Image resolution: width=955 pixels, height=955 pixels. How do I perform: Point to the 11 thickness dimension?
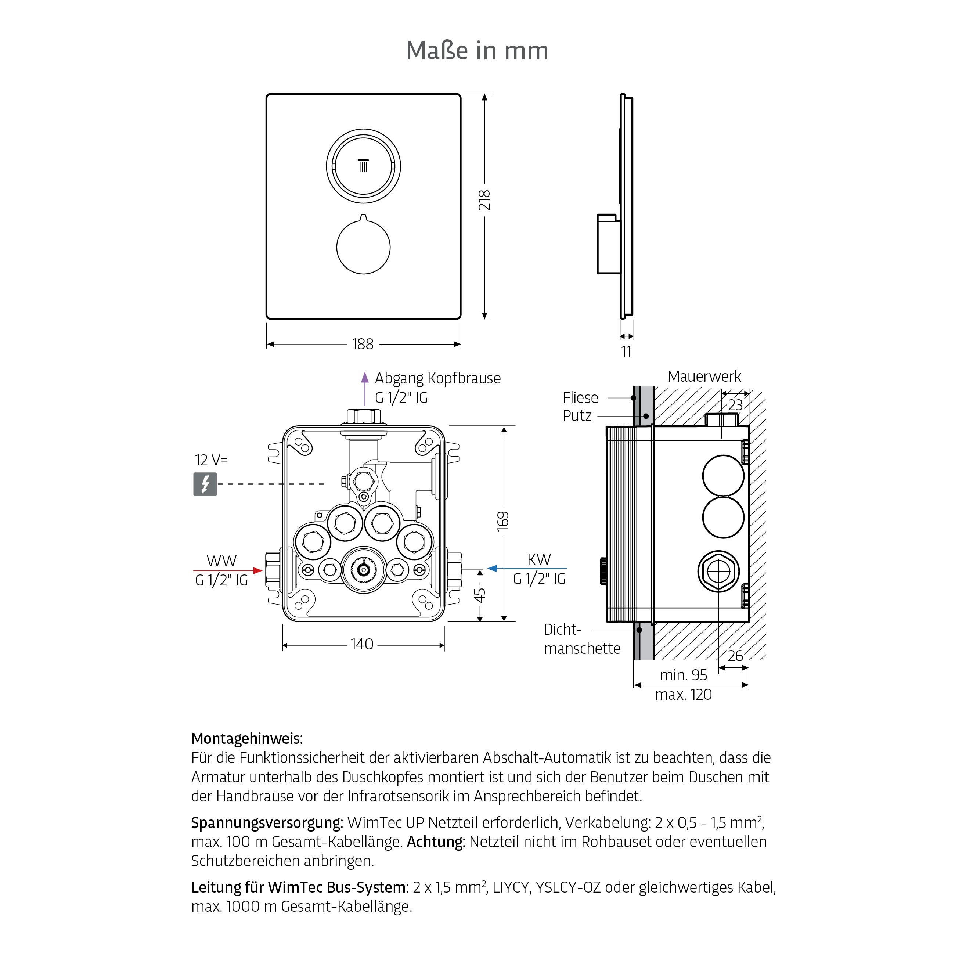pos(626,352)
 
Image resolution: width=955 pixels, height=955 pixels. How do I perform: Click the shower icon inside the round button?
pos(363,166)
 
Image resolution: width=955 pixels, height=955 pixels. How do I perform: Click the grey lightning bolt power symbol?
pos(205,484)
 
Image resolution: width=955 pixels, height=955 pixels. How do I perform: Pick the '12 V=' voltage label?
pos(211,460)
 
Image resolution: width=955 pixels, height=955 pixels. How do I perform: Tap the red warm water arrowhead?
pos(257,570)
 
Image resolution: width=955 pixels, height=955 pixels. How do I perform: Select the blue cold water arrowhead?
pos(492,569)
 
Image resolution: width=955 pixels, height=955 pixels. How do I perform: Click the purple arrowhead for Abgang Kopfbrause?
pos(365,378)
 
